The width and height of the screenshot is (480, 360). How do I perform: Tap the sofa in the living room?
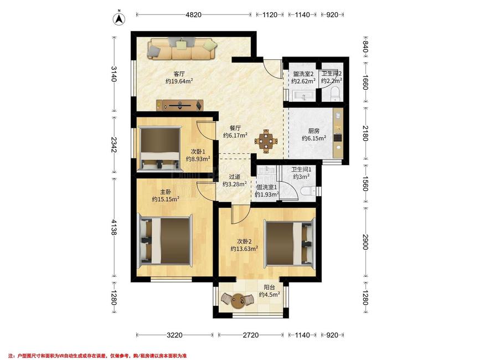pos(182,48)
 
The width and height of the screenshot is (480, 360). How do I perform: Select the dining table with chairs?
pos(266,141)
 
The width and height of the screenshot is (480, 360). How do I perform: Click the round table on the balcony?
pos(238,300)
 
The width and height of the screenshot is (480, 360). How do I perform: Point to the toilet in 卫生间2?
pos(336,94)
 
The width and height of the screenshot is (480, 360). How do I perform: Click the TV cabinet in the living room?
pos(180,105)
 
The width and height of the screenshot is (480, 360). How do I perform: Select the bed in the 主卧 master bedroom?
pos(166,240)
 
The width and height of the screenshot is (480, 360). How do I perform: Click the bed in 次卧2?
pos(290,244)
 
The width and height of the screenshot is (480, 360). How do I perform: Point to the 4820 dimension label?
pos(193,15)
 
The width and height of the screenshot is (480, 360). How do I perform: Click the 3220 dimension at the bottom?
pos(174,335)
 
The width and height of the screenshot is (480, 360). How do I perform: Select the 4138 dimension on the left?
pos(113,227)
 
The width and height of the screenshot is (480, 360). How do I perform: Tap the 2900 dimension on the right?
pos(365,242)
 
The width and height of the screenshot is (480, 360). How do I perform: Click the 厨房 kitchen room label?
pos(314,131)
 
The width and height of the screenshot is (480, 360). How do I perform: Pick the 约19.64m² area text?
pos(179,81)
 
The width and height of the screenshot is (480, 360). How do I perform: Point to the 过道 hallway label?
pos(235,177)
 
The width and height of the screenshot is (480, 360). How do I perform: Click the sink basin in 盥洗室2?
pos(303,95)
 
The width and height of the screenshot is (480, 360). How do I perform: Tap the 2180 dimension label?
pos(365,133)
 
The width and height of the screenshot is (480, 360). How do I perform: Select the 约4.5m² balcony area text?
pos(270,295)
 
